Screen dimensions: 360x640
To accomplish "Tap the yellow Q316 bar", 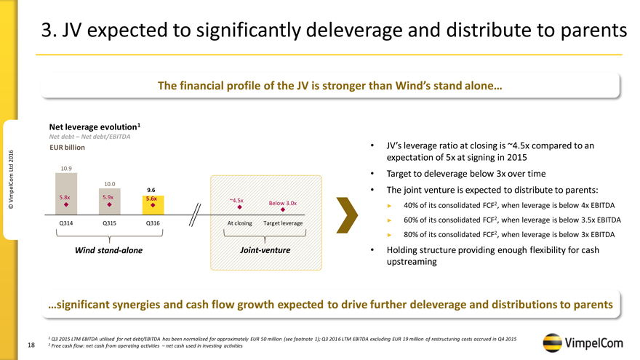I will pos(151,204).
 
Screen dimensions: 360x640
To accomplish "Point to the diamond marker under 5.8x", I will pos(65,204).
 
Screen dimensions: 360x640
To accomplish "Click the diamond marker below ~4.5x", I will pos(229,206).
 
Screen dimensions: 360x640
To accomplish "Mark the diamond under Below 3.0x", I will pos(283,210).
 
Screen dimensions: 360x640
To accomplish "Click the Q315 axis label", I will pos(109,223).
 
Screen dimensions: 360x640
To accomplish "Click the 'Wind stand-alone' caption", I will pos(109,250).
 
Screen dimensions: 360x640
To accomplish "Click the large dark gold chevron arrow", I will pos(347,212).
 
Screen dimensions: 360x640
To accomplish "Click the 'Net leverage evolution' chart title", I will pos(94,127).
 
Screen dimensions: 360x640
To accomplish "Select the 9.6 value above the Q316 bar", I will pos(151,189).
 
